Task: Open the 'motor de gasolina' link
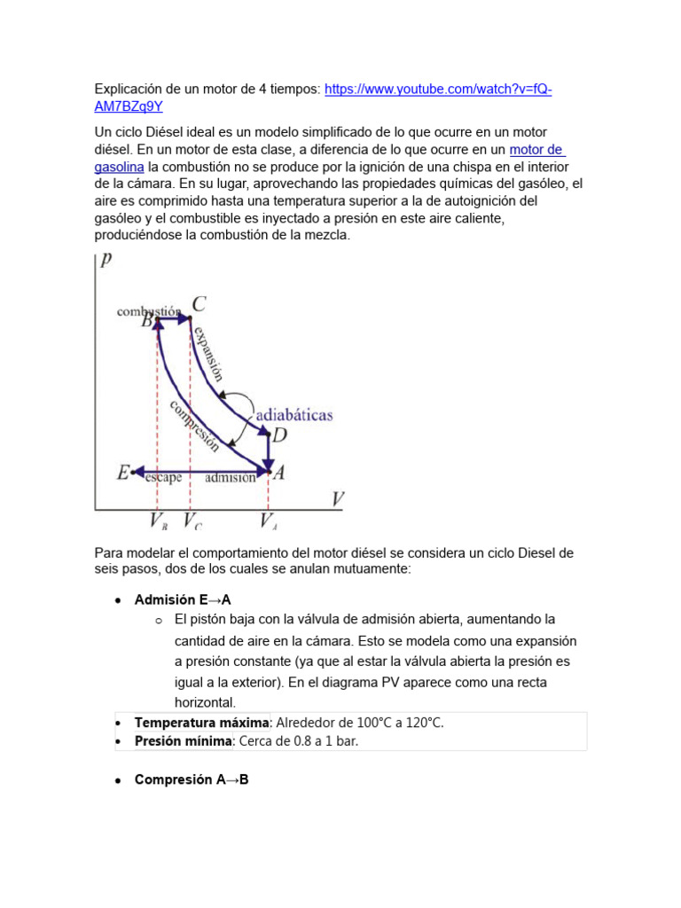tap(536, 150)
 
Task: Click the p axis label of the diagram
tap(106, 260)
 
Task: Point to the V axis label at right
tap(337, 499)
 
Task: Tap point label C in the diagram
tap(200, 304)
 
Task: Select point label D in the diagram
tap(279, 434)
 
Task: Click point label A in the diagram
tap(278, 474)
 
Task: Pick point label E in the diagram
tap(122, 473)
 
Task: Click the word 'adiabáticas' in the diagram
tap(294, 415)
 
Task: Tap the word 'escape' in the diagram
tap(163, 477)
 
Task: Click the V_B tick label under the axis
tap(159, 521)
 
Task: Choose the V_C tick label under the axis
tap(192, 521)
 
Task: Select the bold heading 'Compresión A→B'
tap(191, 779)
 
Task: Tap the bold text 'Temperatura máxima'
tap(201, 723)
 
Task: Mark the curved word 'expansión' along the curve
tap(207, 353)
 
